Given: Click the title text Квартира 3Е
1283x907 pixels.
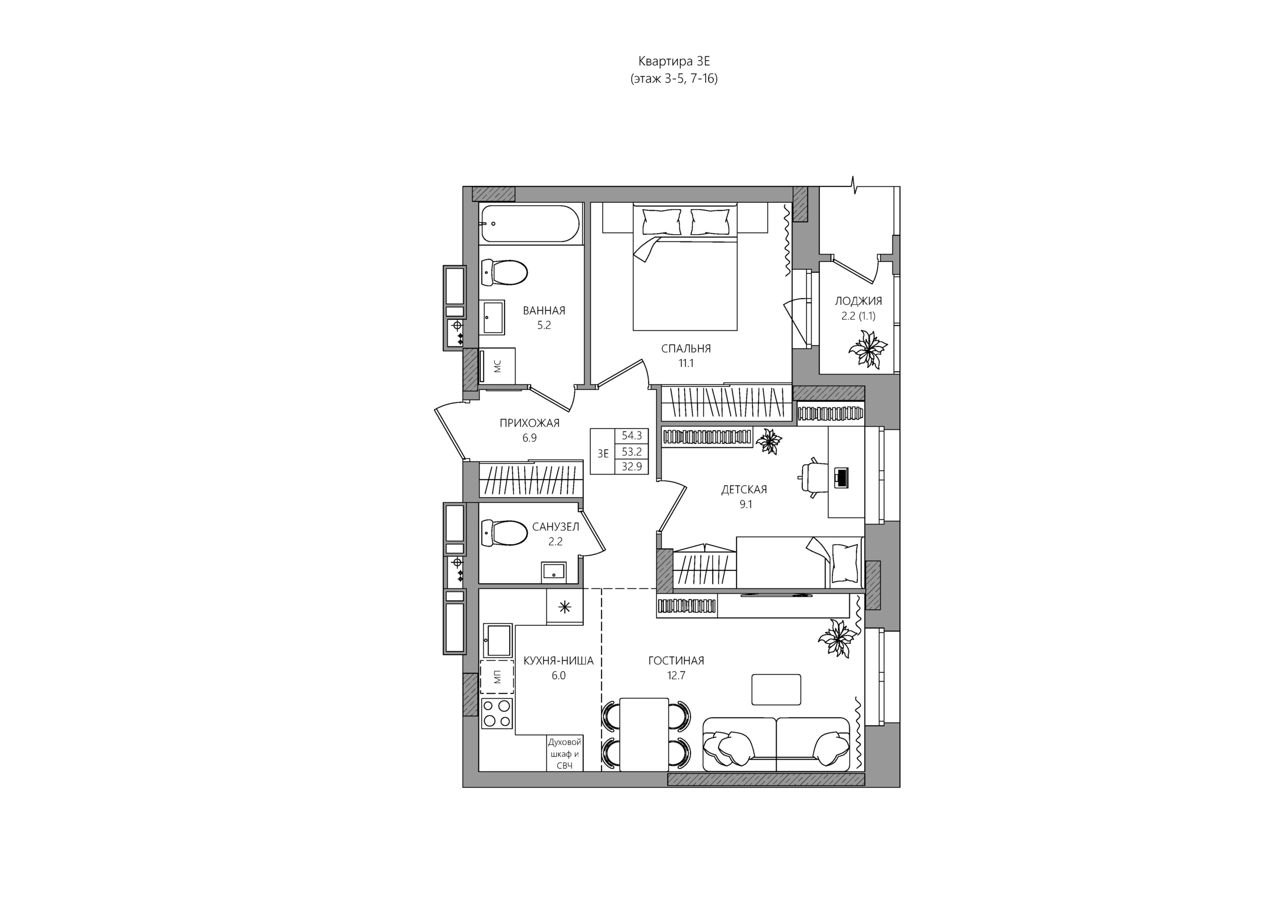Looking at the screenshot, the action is coord(674,61).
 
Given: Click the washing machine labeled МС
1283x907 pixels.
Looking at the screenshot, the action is coord(497,366).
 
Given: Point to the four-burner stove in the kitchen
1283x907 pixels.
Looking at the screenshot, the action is coord(497,713).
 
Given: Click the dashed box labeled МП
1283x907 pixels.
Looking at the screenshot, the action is coord(497,677).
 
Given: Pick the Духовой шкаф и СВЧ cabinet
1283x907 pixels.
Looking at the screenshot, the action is coord(565,753).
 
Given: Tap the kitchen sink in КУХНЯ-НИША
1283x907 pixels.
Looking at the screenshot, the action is coord(498,641).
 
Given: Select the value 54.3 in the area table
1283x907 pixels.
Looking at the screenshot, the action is coord(632,435).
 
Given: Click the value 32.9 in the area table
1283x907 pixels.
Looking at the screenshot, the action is coord(632,467).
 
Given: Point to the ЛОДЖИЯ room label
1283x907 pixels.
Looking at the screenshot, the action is coord(858,301).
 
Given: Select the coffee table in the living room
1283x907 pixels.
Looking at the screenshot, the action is coord(776,689).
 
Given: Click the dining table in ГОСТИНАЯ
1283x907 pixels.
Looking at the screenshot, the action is coord(644,735).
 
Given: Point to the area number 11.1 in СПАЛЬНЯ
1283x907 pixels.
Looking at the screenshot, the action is coord(686,363).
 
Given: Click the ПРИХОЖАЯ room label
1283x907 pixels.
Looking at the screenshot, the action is coord(530,423).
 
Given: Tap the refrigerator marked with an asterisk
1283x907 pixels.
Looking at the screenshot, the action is coord(565,607).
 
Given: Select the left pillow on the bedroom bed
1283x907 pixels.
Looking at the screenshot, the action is coord(662,221).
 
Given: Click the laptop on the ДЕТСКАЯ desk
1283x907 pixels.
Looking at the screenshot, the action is coord(842,477).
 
